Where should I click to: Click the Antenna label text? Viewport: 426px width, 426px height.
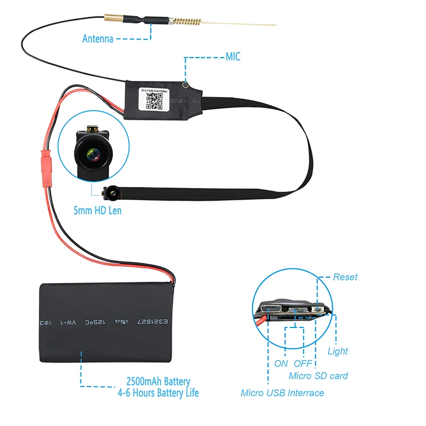[97, 38]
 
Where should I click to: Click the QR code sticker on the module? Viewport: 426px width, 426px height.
[154, 97]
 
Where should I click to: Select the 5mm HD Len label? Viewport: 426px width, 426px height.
[97, 210]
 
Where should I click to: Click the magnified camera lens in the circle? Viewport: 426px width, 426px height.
[92, 154]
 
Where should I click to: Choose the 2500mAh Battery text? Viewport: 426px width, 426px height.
[158, 382]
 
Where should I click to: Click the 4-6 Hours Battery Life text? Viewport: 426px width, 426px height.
[158, 394]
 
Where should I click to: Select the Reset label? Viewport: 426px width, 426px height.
[345, 277]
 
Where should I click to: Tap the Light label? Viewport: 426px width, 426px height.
[338, 351]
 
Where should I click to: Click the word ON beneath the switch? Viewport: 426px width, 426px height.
[281, 364]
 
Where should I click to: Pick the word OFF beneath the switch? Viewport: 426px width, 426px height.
[302, 364]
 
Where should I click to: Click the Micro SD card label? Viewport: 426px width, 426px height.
[318, 376]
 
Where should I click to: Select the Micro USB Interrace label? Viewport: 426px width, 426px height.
[282, 393]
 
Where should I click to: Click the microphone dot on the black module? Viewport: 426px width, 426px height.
[185, 84]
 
